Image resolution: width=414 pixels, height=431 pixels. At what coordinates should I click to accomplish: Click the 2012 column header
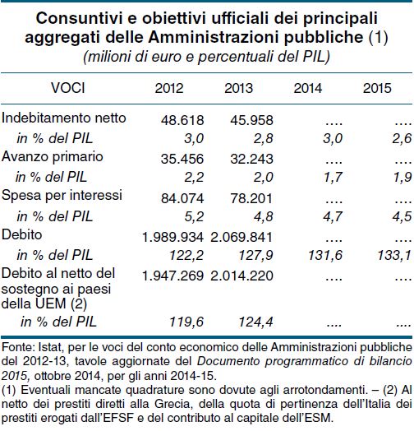pyautogui.click(x=169, y=88)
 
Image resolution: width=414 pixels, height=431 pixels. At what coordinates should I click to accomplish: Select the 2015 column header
pyautogui.click(x=377, y=88)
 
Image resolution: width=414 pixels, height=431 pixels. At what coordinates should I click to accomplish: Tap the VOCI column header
pyautogui.click(x=68, y=88)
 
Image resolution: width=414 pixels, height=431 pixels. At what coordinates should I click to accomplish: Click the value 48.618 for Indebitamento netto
pyautogui.click(x=182, y=120)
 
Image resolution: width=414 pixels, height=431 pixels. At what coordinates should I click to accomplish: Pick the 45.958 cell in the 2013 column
pyautogui.click(x=251, y=120)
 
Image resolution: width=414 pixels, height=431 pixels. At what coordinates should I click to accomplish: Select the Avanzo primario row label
pyautogui.click(x=53, y=157)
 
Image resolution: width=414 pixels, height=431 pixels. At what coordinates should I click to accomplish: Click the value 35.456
pyautogui.click(x=182, y=159)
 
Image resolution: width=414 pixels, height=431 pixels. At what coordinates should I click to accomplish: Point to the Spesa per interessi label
pyautogui.click(x=62, y=196)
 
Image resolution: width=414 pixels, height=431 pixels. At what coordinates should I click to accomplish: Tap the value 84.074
pyautogui.click(x=182, y=198)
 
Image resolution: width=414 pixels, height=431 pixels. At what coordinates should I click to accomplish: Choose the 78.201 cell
pyautogui.click(x=251, y=198)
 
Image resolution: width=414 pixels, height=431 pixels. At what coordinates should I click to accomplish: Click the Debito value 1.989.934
pyautogui.click(x=173, y=237)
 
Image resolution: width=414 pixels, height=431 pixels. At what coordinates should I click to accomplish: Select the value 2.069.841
pyautogui.click(x=241, y=237)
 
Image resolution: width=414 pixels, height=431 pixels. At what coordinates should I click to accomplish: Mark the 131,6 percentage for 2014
pyautogui.click(x=325, y=255)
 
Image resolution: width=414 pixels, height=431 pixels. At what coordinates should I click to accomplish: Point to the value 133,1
pyautogui.click(x=394, y=255)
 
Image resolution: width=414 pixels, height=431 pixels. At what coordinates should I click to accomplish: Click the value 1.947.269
pyautogui.click(x=173, y=276)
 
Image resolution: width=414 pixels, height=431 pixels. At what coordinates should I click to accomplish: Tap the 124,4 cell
pyautogui.click(x=255, y=322)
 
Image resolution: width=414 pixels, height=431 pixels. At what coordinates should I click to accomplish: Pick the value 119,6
pyautogui.click(x=186, y=322)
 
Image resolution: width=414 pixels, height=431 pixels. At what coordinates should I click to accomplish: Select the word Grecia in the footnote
pyautogui.click(x=172, y=404)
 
